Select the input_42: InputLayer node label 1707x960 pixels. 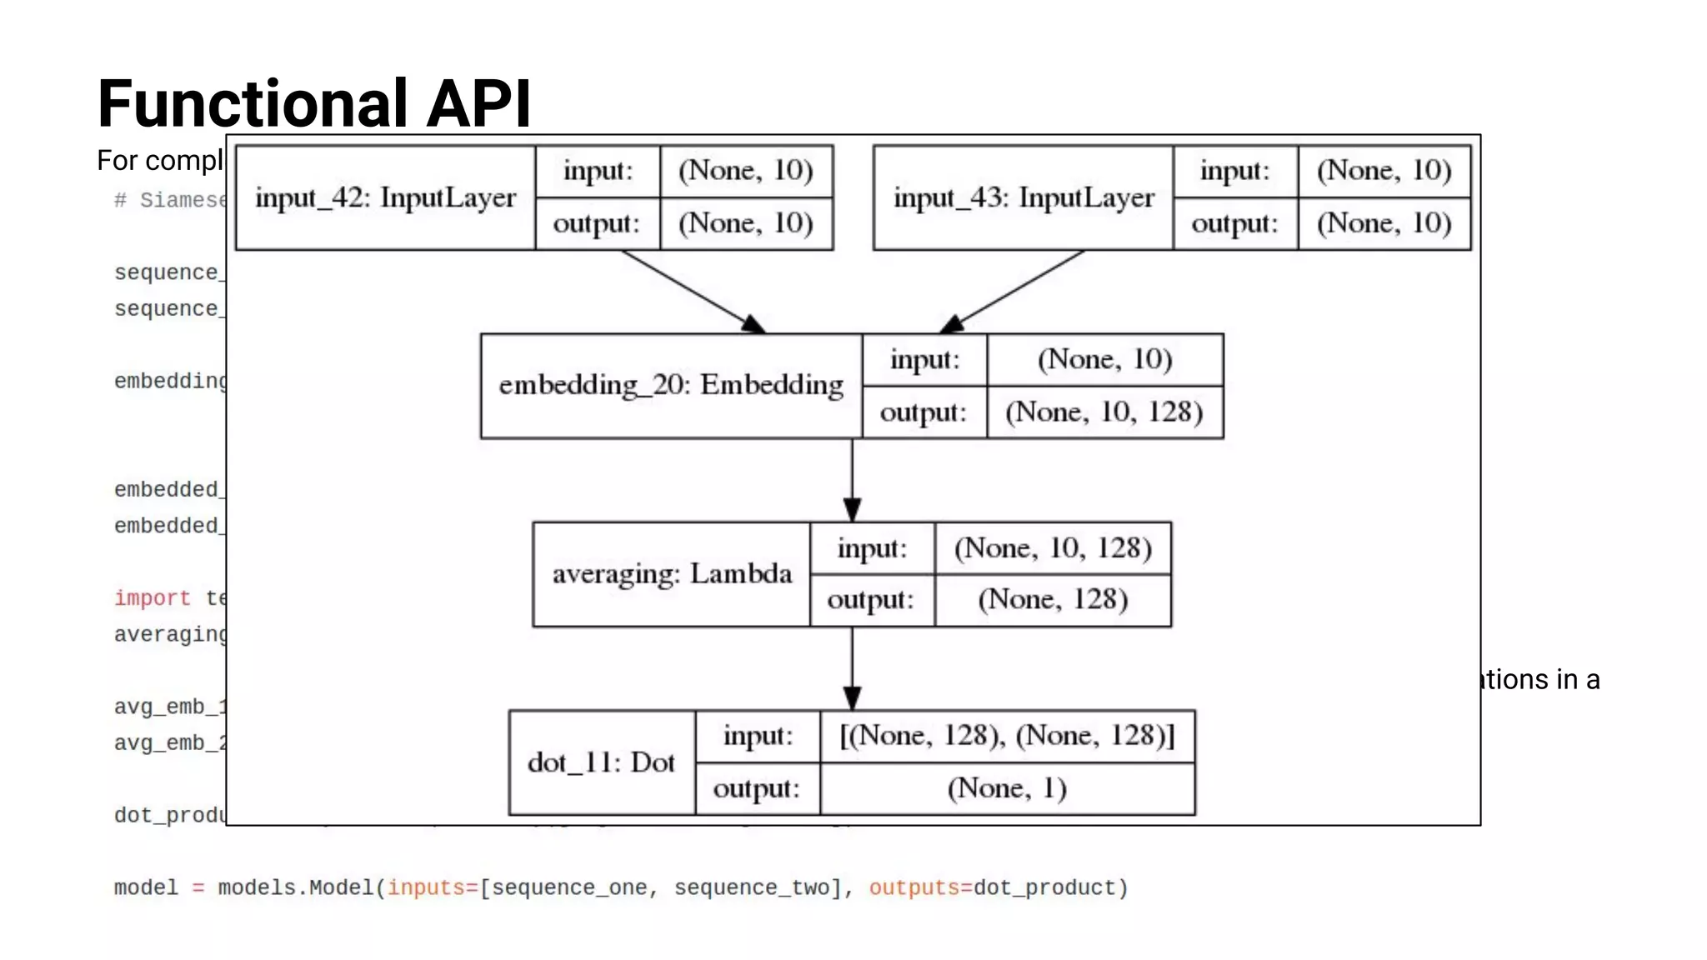[x=385, y=197]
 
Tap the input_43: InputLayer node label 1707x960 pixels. [x=1024, y=197]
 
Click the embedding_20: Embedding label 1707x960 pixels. [x=671, y=385]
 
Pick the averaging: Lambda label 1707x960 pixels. [x=672, y=574]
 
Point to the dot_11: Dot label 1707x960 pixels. [x=601, y=762]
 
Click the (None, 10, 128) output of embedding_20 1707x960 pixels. [x=1104, y=412]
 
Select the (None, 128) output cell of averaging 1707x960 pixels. [x=1053, y=600]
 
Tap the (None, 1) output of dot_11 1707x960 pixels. [x=1007, y=788]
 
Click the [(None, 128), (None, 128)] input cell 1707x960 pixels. [x=1007, y=736]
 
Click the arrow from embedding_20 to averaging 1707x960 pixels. [x=852, y=480]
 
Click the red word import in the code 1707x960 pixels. [x=153, y=598]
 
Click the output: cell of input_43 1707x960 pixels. [x=1234, y=223]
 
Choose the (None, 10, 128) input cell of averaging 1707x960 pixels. [x=1053, y=548]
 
